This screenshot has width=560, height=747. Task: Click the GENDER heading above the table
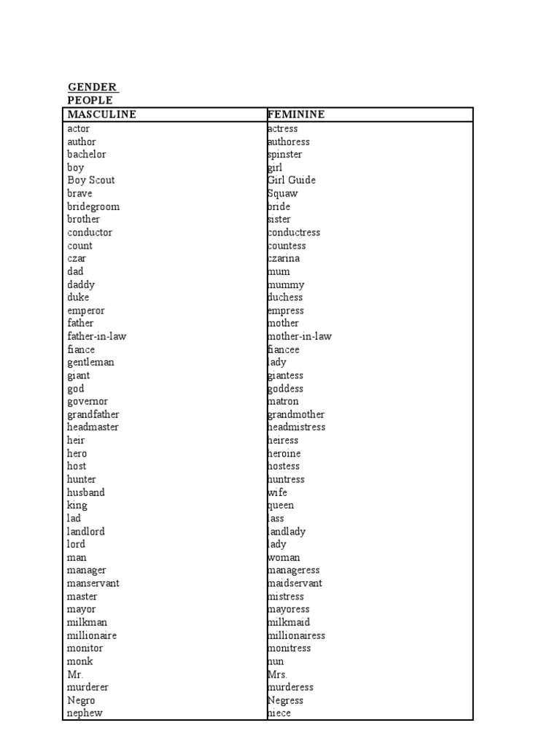click(x=92, y=88)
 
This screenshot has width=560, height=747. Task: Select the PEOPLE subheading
click(x=90, y=101)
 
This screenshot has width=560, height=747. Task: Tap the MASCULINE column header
click(x=101, y=115)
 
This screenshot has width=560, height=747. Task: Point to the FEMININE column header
click(x=296, y=115)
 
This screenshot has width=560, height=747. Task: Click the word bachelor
click(x=86, y=155)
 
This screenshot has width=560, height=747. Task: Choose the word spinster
click(x=284, y=155)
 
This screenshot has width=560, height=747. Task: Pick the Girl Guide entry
click(x=292, y=180)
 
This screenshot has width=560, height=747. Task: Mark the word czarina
click(x=284, y=258)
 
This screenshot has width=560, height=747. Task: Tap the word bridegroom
click(x=93, y=206)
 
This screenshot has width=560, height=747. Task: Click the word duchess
click(x=285, y=298)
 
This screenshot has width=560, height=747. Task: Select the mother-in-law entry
click(x=299, y=336)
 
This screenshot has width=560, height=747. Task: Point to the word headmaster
click(x=93, y=427)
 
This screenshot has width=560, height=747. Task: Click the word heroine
click(x=284, y=454)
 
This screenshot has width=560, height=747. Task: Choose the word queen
click(x=281, y=506)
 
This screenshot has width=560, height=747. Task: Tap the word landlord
click(x=86, y=532)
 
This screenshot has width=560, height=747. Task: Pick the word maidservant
click(x=295, y=584)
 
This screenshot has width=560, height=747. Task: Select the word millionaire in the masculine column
click(x=92, y=635)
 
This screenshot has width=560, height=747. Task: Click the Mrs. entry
click(x=277, y=675)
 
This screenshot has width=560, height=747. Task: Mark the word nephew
click(x=85, y=713)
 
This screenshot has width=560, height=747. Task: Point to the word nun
click(x=276, y=662)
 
